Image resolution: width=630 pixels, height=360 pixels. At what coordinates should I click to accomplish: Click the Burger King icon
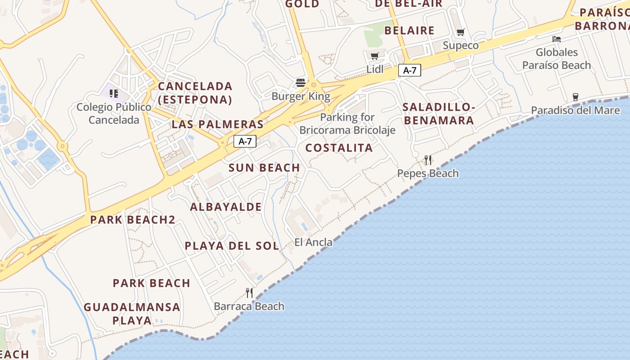[x=301, y=83]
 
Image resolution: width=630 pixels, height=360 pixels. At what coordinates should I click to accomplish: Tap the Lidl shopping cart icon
[x=374, y=56]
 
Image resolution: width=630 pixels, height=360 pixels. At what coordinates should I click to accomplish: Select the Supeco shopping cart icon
[x=460, y=32]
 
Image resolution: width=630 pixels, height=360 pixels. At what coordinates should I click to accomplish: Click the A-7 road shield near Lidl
[x=409, y=70]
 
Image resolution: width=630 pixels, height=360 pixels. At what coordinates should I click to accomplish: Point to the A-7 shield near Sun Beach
[x=245, y=141]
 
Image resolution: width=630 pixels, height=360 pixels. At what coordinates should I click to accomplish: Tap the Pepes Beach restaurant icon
[x=428, y=160]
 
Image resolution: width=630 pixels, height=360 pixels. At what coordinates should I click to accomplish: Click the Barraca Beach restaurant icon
[x=249, y=293]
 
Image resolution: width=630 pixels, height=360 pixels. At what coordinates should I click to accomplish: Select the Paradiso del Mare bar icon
[x=575, y=97]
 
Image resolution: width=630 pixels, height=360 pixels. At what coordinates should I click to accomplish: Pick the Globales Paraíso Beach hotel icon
[x=557, y=39]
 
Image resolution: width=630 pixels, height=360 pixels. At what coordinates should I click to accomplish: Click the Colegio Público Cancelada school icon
[x=114, y=94]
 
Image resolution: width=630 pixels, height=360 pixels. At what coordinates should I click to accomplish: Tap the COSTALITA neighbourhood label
[x=339, y=148]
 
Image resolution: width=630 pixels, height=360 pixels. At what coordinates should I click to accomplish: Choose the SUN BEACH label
[x=264, y=168]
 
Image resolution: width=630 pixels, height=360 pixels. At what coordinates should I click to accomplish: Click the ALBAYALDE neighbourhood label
[x=226, y=207]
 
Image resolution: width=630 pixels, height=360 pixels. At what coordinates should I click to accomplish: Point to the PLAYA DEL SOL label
[x=232, y=246]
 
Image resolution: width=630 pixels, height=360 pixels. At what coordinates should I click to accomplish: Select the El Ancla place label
[x=313, y=242]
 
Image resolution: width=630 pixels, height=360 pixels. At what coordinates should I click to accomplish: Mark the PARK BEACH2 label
[x=133, y=220]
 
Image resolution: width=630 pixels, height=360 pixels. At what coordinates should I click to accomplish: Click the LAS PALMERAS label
[x=217, y=124]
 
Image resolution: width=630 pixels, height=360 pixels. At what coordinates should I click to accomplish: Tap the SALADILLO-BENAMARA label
[x=439, y=114]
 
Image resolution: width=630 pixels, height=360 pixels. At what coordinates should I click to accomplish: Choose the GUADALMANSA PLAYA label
[x=132, y=314]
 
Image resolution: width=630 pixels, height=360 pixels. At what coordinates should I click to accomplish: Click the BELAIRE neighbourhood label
[x=409, y=31]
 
